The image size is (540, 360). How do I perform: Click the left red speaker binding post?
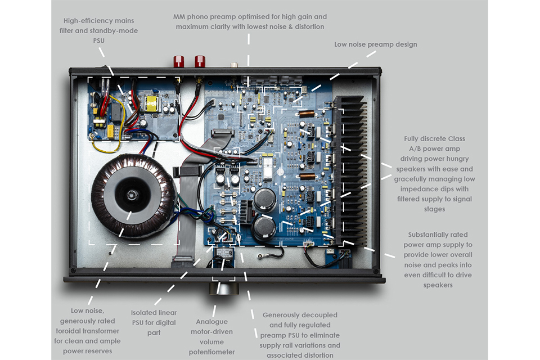pyautogui.click(x=181, y=61)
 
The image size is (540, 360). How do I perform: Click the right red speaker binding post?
pyautogui.click(x=199, y=61)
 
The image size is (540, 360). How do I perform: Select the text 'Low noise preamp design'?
pyautogui.click(x=375, y=44)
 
